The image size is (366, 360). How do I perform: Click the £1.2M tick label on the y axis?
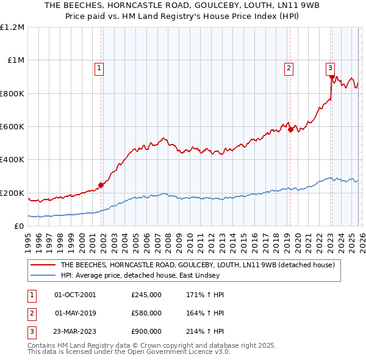pos(12,27)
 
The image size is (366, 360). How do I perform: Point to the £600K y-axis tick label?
pos(12,126)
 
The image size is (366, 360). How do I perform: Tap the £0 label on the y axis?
pos(18,226)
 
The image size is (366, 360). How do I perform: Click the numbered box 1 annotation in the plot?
pos(99,68)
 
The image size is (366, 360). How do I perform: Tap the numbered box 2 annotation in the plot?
pos(289,68)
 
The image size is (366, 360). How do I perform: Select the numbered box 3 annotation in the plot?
pos(330,68)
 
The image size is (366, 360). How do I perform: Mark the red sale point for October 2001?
pos(101,185)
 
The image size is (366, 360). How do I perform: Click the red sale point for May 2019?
pos(290,129)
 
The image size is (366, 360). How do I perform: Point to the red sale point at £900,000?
pos(332,77)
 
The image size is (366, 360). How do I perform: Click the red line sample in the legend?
pos(43,265)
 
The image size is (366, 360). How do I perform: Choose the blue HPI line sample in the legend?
pos(43,276)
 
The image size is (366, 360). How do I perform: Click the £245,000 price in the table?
pos(146,295)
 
